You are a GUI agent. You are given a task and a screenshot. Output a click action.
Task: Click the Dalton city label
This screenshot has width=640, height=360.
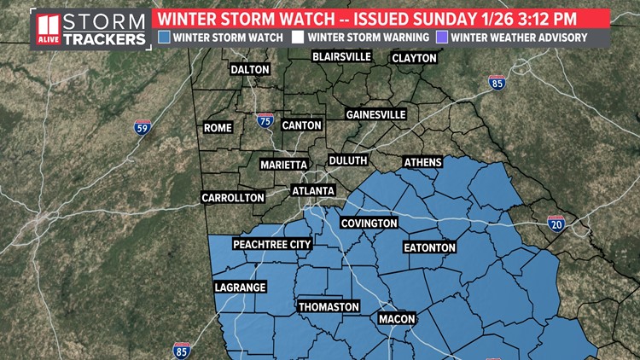tap(249, 70)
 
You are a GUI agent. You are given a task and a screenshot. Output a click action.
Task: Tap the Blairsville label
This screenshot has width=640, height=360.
tap(341, 56)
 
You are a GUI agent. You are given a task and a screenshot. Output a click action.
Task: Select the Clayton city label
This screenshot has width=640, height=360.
tap(414, 58)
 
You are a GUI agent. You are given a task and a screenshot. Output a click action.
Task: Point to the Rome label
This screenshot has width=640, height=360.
tap(218, 128)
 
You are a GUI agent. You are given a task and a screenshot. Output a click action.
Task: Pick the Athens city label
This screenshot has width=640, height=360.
tap(424, 162)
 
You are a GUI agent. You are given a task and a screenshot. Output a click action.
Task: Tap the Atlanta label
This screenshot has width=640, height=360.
tap(313, 190)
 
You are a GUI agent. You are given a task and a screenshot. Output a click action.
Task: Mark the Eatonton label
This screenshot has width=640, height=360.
tap(429, 247)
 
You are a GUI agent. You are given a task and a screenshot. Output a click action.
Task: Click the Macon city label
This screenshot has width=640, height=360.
tap(397, 319)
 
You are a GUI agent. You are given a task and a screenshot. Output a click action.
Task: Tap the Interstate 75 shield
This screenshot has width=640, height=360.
tap(265, 122)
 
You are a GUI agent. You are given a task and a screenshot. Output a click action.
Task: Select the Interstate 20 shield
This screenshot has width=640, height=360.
tap(556, 224)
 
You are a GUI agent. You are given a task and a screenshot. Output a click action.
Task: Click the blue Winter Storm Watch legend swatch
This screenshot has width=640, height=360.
tap(165, 37)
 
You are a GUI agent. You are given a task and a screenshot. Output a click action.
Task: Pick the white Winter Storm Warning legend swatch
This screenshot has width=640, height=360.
tap(299, 37)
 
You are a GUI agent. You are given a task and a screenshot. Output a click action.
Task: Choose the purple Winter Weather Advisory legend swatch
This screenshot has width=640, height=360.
tap(441, 37)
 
